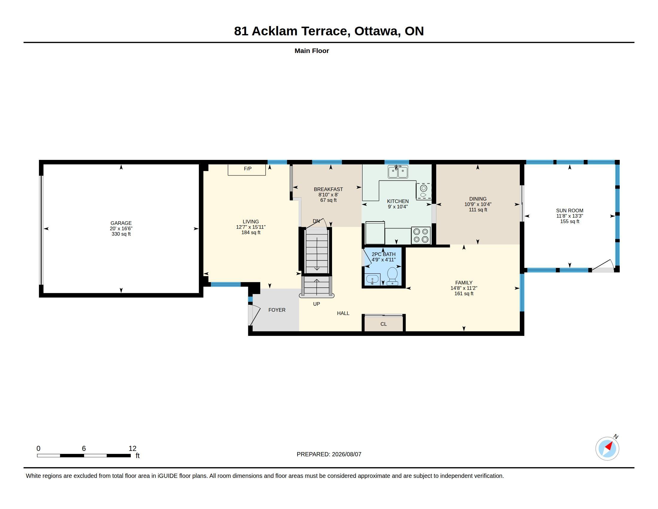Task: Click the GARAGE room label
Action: click(x=121, y=223)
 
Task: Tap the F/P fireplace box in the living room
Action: click(x=247, y=170)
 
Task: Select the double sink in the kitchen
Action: click(x=398, y=172)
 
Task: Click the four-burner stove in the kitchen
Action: click(x=421, y=235)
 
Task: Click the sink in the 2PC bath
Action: click(x=373, y=280)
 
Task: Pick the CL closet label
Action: click(x=383, y=324)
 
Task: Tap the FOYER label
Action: click(x=277, y=310)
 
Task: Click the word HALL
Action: click(x=343, y=313)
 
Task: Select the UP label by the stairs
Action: click(x=316, y=304)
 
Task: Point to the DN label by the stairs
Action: click(x=316, y=221)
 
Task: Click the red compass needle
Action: click(x=609, y=446)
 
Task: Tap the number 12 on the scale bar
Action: click(x=132, y=449)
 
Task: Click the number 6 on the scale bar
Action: click(x=84, y=449)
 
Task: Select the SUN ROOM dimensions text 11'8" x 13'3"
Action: click(x=569, y=216)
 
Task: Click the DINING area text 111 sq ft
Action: click(x=478, y=210)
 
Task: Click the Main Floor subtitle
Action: click(x=312, y=51)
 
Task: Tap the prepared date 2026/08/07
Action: click(x=346, y=454)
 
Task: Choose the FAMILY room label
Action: click(x=464, y=283)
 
